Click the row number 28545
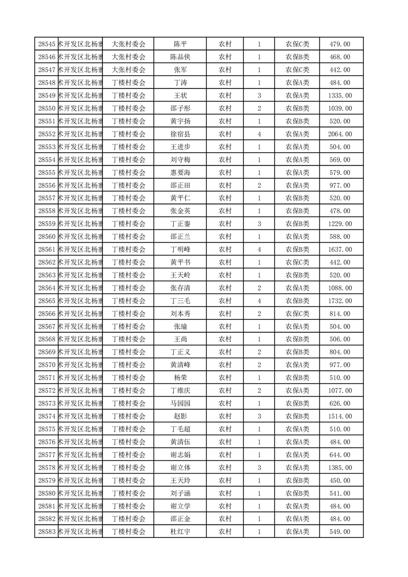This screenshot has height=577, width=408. [x=47, y=44]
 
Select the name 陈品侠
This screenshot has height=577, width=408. [x=180, y=57]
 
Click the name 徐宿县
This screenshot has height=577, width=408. [x=180, y=134]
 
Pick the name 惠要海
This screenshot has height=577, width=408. [x=180, y=173]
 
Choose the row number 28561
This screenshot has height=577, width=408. [x=47, y=249]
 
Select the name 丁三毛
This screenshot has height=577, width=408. [x=180, y=301]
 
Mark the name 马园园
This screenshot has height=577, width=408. [x=180, y=404]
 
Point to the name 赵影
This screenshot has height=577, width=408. [x=180, y=417]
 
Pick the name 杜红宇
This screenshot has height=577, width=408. [x=180, y=532]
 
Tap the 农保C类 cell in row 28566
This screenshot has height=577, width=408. [x=297, y=314]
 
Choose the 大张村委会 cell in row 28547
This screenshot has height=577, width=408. [x=129, y=70]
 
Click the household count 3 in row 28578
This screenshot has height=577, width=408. [x=259, y=467]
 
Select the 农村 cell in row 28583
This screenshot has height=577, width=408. [x=225, y=532]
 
